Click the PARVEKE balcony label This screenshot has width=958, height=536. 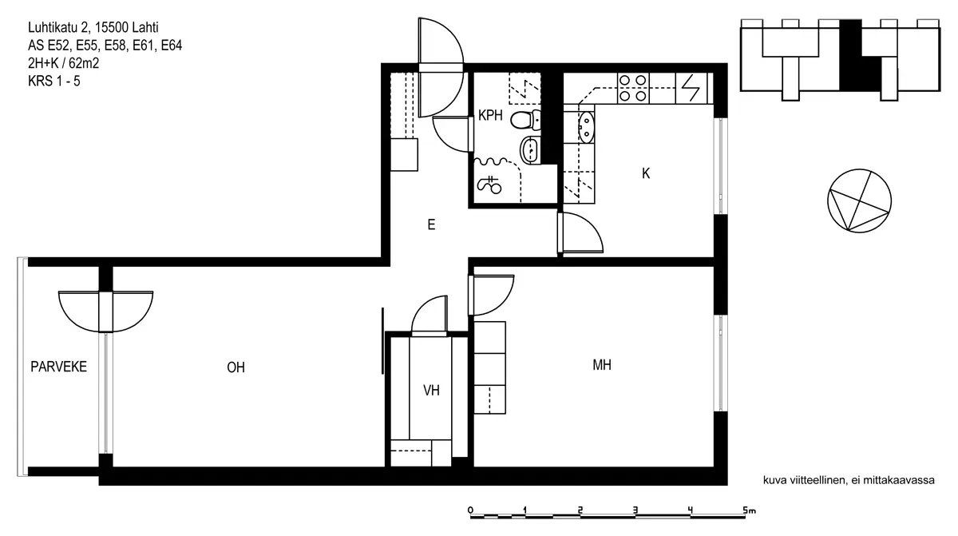[x=58, y=367]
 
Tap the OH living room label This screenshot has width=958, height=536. [x=236, y=367]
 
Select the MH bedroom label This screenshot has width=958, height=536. [x=602, y=365]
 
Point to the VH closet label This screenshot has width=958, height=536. [x=431, y=390]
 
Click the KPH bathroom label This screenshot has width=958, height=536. [x=490, y=116]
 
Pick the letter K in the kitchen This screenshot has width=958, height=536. [x=646, y=173]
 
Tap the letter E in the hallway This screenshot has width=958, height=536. [x=431, y=224]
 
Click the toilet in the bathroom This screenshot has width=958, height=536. [x=525, y=120]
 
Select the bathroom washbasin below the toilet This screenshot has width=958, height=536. [x=530, y=150]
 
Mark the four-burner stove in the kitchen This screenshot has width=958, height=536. [x=633, y=88]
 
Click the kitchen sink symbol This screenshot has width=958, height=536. [x=586, y=127]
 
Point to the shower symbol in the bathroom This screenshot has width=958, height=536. [x=489, y=185]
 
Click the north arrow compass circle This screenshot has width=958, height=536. [x=859, y=201]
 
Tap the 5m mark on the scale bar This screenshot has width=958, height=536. [x=749, y=510]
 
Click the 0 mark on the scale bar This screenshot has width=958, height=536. [x=470, y=510]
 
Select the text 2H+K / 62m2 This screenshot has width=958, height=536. [x=63, y=63]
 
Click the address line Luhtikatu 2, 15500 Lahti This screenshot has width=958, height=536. [x=93, y=27]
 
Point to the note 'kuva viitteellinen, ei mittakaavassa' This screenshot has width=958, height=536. [x=849, y=480]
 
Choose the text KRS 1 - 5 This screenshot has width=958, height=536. [x=54, y=81]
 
